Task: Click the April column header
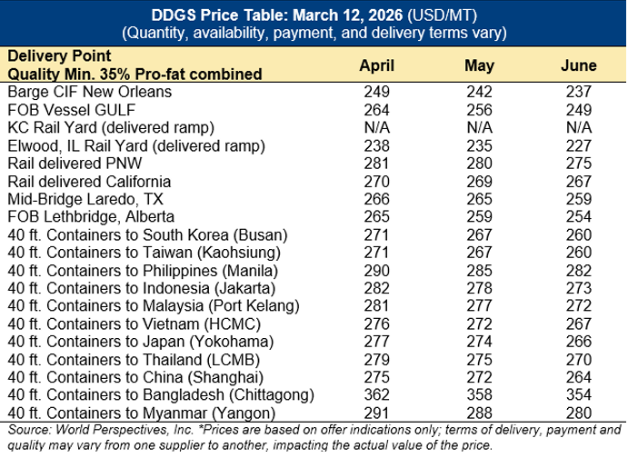tap(376, 65)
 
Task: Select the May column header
tap(479, 65)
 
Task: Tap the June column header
tap(579, 65)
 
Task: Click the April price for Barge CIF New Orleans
tap(376, 92)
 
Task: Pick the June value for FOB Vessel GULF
tap(579, 110)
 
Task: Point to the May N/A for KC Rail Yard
tap(479, 127)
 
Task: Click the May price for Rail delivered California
tap(479, 181)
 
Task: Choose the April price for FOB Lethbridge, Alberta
tap(376, 216)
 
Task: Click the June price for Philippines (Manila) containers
tap(579, 270)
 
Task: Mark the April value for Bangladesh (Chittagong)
tap(376, 394)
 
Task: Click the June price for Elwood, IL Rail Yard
tap(579, 145)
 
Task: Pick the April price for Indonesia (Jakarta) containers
tap(376, 287)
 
